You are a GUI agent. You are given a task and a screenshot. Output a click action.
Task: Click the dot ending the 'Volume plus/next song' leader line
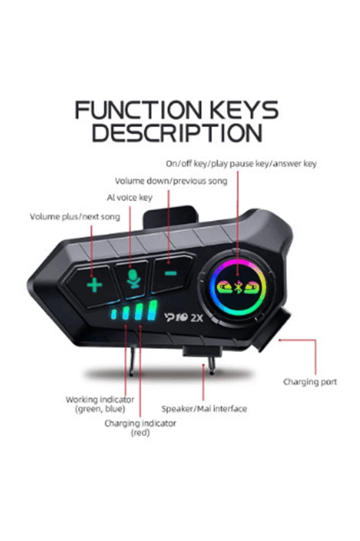pyautogui.click(x=92, y=276)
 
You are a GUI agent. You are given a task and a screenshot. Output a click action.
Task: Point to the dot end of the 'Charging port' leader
pyautogui.click(x=280, y=340)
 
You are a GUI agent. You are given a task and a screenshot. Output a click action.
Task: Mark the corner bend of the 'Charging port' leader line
pyautogui.click(x=315, y=340)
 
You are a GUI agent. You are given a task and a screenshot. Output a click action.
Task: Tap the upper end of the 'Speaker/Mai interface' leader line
pyautogui.click(x=203, y=364)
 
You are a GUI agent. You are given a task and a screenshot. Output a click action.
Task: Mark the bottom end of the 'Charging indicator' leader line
pyautogui.click(x=140, y=417)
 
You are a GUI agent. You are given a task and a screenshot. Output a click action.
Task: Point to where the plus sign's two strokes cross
pyautogui.click(x=94, y=285)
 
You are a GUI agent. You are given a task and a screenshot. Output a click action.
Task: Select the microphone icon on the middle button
pyautogui.click(x=133, y=279)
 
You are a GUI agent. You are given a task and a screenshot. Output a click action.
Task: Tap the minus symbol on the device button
pyautogui.click(x=170, y=274)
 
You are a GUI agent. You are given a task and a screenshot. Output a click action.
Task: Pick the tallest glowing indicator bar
pyautogui.click(x=152, y=310)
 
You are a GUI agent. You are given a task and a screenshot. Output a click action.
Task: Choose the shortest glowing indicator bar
pyautogui.click(x=114, y=314)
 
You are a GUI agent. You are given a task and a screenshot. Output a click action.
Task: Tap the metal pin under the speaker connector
pyautogui.click(x=211, y=366)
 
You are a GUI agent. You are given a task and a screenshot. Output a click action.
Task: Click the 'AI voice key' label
pyautogui.click(x=130, y=198)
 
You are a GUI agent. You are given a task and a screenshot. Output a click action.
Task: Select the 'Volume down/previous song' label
pyautogui.click(x=171, y=181)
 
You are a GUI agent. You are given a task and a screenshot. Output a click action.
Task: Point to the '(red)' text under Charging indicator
pyautogui.click(x=140, y=432)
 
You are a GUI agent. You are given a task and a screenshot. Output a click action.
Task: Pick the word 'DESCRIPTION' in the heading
pyautogui.click(x=176, y=133)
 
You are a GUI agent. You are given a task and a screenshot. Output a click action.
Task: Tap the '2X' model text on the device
pyautogui.click(x=197, y=318)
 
